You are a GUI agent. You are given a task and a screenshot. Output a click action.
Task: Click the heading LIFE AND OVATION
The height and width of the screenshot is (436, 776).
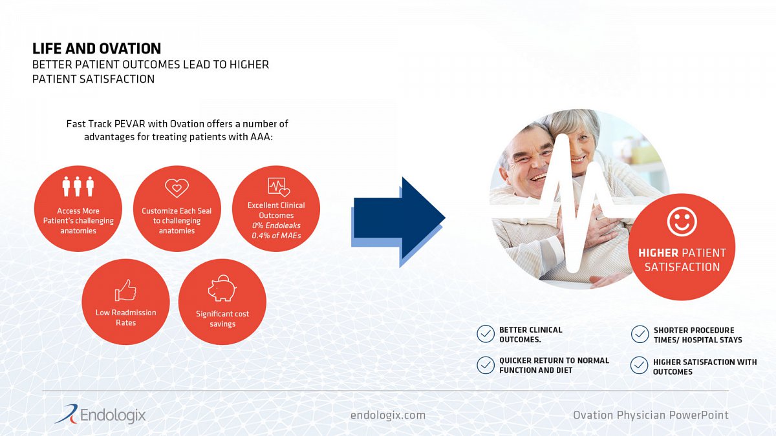[x=96, y=49]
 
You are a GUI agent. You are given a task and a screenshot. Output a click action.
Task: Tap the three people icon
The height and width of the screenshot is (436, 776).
[x=78, y=186]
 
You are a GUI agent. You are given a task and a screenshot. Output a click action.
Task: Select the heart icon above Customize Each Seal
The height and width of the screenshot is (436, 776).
[x=177, y=188]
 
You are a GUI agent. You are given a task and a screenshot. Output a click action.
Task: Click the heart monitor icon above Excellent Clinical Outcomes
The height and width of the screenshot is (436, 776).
[x=279, y=187]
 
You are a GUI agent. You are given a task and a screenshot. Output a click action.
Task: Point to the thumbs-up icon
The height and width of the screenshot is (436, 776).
[x=125, y=290]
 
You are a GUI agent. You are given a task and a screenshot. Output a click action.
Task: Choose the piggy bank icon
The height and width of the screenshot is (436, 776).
[x=222, y=288]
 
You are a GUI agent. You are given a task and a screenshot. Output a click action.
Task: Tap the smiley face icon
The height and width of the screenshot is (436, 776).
[x=682, y=222]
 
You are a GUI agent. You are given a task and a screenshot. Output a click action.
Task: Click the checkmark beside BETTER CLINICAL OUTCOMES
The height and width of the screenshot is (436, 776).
[x=486, y=334]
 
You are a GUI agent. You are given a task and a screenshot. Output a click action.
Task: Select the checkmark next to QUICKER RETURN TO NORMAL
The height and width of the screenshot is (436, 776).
[x=486, y=365]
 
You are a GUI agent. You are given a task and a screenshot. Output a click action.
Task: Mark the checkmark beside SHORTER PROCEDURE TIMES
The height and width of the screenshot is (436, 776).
[x=640, y=335]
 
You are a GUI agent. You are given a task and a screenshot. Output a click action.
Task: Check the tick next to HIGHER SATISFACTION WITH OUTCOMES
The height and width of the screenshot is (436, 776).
[x=639, y=366]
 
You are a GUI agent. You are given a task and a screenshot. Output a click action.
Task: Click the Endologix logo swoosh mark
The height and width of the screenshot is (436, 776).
[x=67, y=414]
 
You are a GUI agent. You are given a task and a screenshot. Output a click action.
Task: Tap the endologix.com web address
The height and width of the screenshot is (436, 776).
[x=387, y=415]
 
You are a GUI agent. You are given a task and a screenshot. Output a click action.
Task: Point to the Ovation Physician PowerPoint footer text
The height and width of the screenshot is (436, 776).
[x=651, y=415]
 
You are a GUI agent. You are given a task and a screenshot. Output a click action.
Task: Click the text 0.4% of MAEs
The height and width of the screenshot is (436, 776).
[x=276, y=236]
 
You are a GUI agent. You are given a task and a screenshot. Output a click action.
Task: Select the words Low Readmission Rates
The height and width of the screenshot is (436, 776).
[x=125, y=317]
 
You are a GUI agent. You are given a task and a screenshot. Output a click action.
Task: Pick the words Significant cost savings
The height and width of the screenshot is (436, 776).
[x=222, y=318]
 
